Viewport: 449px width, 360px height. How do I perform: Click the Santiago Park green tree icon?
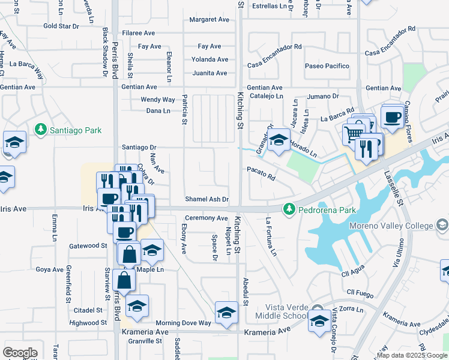tap(40, 130)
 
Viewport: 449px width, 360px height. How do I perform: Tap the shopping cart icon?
tap(354, 133)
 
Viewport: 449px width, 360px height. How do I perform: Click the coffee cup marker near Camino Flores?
tap(392, 117)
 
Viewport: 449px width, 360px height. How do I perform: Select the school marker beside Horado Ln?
tap(278, 140)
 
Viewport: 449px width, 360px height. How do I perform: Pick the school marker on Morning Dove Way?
tap(226, 313)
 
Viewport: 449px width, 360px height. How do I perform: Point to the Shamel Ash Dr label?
tap(207, 199)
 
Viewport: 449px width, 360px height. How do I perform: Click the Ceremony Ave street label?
tap(206, 218)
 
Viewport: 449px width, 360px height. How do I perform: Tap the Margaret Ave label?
tap(209, 20)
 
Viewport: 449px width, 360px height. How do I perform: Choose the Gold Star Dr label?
tap(61, 26)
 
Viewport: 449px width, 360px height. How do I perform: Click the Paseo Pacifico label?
tap(327, 66)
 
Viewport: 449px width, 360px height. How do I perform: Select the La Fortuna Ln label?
tap(271, 237)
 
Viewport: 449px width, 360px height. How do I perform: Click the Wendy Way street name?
tap(158, 100)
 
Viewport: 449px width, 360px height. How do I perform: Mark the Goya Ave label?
tap(49, 269)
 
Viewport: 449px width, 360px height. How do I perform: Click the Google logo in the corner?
tap(20, 352)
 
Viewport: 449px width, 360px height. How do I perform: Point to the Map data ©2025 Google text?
tap(412, 355)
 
